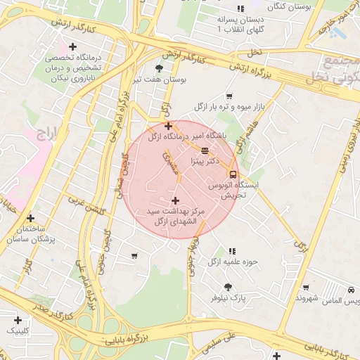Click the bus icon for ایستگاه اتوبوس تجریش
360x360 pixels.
[x=233, y=174]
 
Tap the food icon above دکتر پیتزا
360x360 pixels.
[x=205, y=150]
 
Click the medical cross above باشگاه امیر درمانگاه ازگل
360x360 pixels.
[x=168, y=126]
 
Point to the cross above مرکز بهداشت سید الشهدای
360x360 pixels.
[x=175, y=200]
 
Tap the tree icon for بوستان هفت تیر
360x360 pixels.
[x=160, y=69]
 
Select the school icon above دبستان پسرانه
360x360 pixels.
[x=240, y=9]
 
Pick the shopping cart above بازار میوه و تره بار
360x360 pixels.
[x=229, y=96]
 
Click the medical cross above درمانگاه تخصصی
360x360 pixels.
[x=72, y=46]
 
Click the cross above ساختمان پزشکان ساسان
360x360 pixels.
[x=30, y=219]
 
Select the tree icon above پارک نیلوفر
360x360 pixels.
[x=228, y=286]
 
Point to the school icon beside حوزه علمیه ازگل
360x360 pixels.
[x=231, y=250]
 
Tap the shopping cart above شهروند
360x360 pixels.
[x=306, y=287]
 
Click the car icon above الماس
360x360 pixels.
[x=351, y=290]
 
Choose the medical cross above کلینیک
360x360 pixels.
[x=18, y=320]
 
